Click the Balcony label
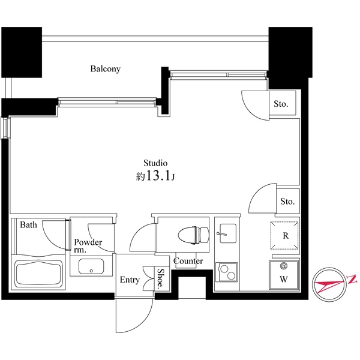(106, 69)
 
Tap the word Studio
(155, 163)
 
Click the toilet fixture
(194, 235)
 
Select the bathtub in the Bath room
(38, 274)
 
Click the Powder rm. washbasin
(91, 266)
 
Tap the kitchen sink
(227, 233)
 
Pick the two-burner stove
(227, 272)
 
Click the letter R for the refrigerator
(286, 236)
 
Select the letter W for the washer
(284, 279)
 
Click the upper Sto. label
(281, 104)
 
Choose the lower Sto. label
(287, 202)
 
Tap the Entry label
(130, 280)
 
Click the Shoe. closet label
(161, 278)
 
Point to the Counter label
(188, 261)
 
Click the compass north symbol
(329, 284)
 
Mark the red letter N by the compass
(352, 279)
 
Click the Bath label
(28, 225)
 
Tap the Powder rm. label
(88, 245)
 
